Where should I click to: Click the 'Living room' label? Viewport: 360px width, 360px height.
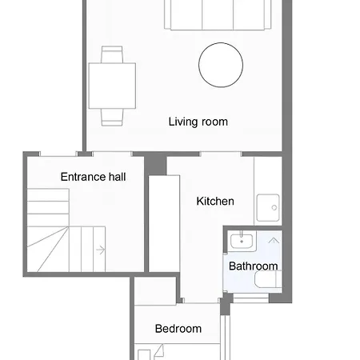[x=198, y=122]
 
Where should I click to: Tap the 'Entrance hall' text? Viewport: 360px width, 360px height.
[x=93, y=176]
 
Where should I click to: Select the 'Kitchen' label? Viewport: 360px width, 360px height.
[x=215, y=201]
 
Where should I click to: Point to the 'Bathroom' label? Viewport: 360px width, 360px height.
[x=254, y=266]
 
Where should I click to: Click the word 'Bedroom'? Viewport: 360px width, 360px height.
[x=178, y=328]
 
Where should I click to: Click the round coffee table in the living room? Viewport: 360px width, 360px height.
[x=221, y=65]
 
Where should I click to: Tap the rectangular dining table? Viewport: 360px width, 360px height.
[x=112, y=85]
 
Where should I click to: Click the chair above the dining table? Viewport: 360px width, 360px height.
[x=112, y=54]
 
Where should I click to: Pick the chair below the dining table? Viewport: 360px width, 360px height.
[x=112, y=117]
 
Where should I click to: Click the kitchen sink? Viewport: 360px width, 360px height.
[x=268, y=208]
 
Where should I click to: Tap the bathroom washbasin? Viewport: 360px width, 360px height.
[x=239, y=240]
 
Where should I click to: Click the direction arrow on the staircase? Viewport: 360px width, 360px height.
[x=100, y=250]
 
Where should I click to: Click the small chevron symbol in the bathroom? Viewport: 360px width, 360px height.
[x=273, y=239]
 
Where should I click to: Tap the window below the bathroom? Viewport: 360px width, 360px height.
[x=250, y=298]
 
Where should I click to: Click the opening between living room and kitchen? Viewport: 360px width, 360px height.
[x=220, y=153]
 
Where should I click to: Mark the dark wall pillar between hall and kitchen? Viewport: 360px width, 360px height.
[x=155, y=163]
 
